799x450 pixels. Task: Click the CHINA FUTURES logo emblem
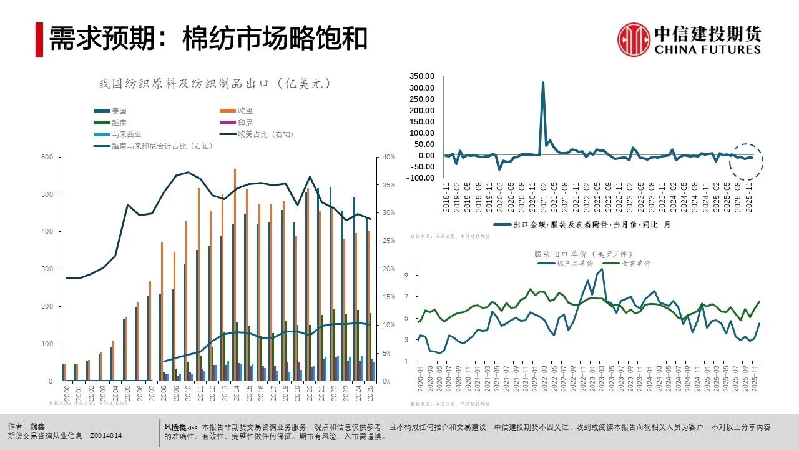click(x=634, y=39)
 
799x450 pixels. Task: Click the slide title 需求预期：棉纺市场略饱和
click(x=208, y=39)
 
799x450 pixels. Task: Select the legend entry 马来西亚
click(x=127, y=134)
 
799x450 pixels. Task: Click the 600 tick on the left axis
click(x=47, y=157)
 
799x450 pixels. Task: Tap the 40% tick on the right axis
click(x=388, y=157)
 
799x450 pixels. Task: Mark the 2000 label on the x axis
click(x=65, y=392)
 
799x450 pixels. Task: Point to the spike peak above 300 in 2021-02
click(x=543, y=82)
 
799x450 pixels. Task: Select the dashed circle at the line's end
click(x=746, y=161)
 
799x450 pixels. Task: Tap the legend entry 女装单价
click(x=636, y=264)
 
